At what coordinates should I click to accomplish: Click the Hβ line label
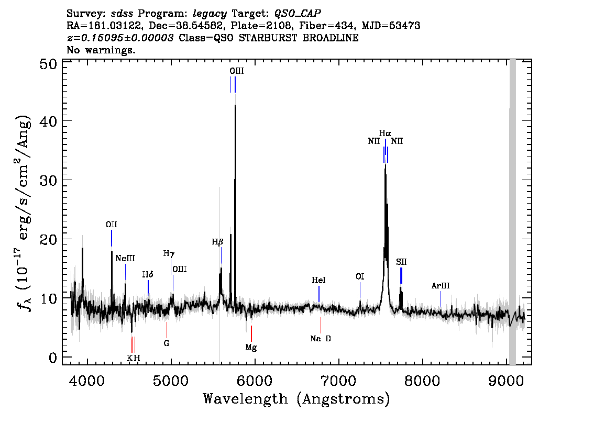217,242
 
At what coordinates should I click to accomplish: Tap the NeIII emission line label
125,259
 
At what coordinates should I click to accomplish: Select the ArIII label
441,286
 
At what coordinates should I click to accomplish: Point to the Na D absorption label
321,339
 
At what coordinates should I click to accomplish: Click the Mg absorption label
251,347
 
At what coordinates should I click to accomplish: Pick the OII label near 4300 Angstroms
112,225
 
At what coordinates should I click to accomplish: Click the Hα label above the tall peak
385,133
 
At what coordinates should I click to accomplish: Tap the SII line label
401,262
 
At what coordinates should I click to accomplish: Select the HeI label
318,281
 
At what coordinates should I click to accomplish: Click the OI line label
360,277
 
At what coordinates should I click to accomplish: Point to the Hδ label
148,274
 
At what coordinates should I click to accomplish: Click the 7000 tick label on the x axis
338,381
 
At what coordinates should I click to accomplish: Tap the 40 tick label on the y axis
48,121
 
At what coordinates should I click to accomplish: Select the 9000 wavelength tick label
505,381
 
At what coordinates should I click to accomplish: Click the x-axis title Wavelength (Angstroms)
296,399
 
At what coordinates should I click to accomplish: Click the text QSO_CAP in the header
298,14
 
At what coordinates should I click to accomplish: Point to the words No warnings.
101,50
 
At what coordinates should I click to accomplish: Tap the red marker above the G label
167,330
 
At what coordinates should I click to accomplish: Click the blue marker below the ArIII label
441,299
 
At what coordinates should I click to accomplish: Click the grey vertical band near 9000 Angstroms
512,212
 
